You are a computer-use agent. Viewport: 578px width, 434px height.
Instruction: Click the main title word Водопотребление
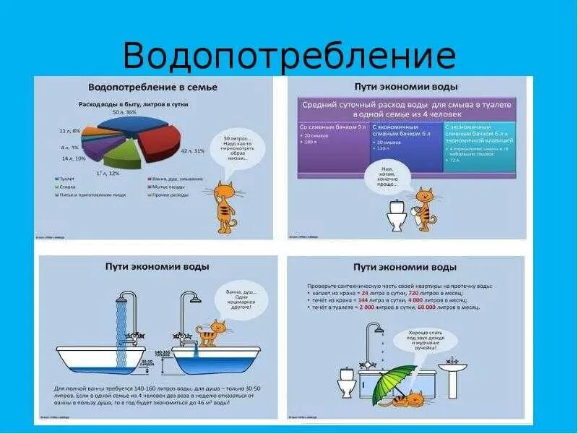pyautogui.click(x=289, y=56)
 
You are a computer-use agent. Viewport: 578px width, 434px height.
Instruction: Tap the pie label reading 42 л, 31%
pyautogui.click(x=192, y=150)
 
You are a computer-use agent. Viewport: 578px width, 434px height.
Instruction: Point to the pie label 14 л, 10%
pyautogui.click(x=74, y=158)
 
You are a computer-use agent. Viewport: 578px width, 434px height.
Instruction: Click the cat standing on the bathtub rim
pyautogui.click(x=209, y=333)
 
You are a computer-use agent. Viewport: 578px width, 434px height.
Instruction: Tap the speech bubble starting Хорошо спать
pyautogui.click(x=418, y=340)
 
